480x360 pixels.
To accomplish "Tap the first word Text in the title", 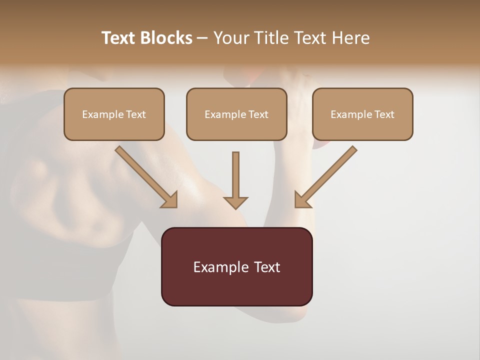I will pos(119,38).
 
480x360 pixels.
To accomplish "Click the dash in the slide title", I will pos(202,38).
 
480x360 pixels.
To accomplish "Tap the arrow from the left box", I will pos(145,176).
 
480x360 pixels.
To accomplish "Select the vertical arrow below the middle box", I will pos(235,177).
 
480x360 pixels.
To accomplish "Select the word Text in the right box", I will pos(384,114).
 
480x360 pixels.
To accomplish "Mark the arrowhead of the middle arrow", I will pos(235,202).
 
